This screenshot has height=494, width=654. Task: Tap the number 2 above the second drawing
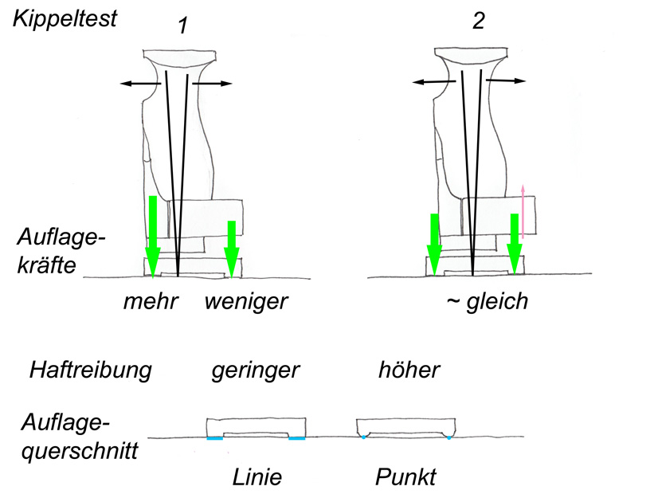click(x=478, y=22)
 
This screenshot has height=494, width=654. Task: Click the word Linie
click(x=257, y=477)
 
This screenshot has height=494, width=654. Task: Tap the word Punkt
click(x=405, y=477)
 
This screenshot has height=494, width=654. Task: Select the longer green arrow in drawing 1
click(x=153, y=236)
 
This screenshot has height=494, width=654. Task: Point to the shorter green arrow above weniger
click(x=232, y=248)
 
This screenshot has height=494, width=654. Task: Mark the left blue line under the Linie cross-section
click(x=214, y=438)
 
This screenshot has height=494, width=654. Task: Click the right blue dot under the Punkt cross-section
click(x=448, y=437)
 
